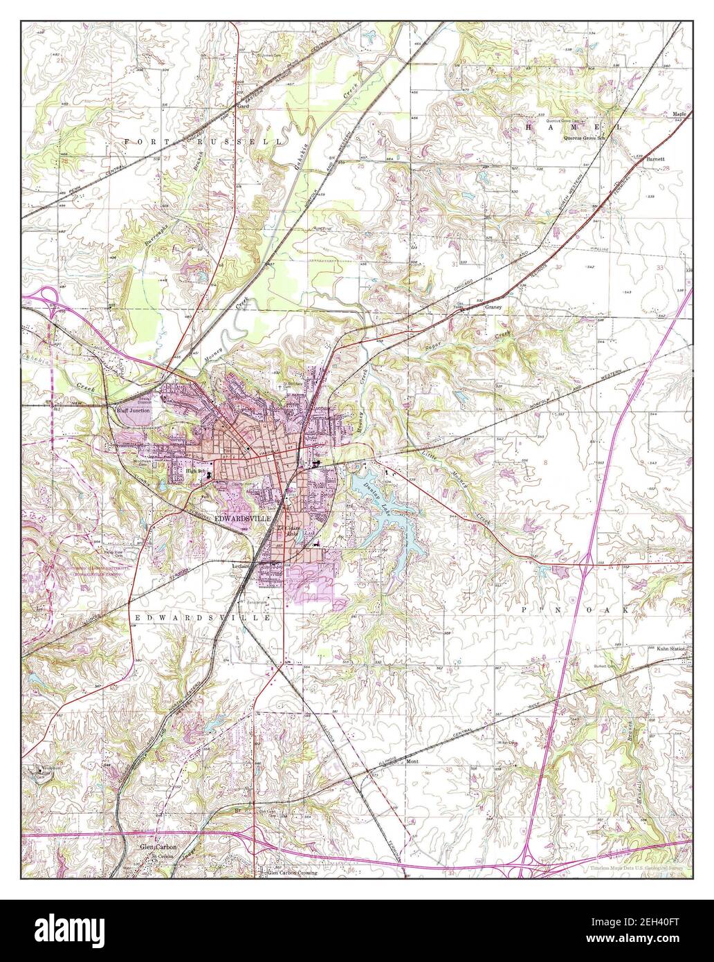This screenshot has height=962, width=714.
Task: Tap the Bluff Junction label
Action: point(131,410)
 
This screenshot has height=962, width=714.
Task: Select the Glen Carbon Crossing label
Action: point(292,873)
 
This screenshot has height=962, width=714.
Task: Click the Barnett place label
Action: point(654,158)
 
